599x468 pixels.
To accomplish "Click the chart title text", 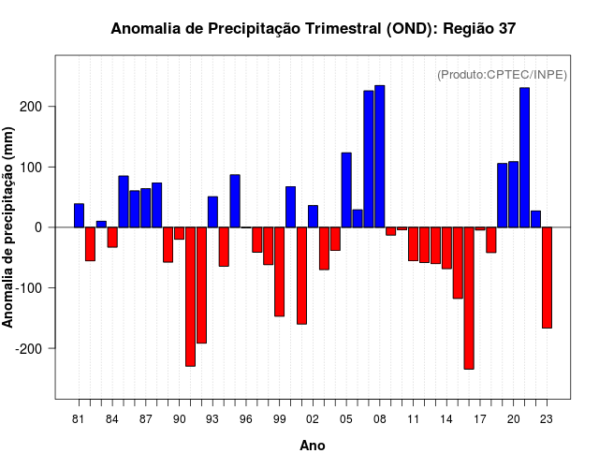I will [x=313, y=29].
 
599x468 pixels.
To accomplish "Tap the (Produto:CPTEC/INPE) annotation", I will [x=502, y=74].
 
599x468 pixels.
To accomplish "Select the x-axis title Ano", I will [x=313, y=446].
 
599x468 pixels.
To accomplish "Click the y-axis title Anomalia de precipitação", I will [x=9, y=227].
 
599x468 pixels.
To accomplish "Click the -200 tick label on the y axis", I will [x=31, y=348].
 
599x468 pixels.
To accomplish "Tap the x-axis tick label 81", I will [x=79, y=418].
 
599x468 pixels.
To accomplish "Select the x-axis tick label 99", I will [x=279, y=418].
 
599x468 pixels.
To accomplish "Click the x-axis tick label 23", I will [x=547, y=418].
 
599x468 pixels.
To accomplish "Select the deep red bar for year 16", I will [x=468, y=298].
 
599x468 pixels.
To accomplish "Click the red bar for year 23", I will [x=547, y=277].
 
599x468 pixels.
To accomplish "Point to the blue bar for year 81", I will [x=79, y=215].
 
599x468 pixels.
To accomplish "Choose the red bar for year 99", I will [x=279, y=271].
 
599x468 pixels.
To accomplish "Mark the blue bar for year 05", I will [x=346, y=190].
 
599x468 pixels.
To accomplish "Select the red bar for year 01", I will [x=301, y=275].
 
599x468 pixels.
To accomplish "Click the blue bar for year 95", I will [x=235, y=201].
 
